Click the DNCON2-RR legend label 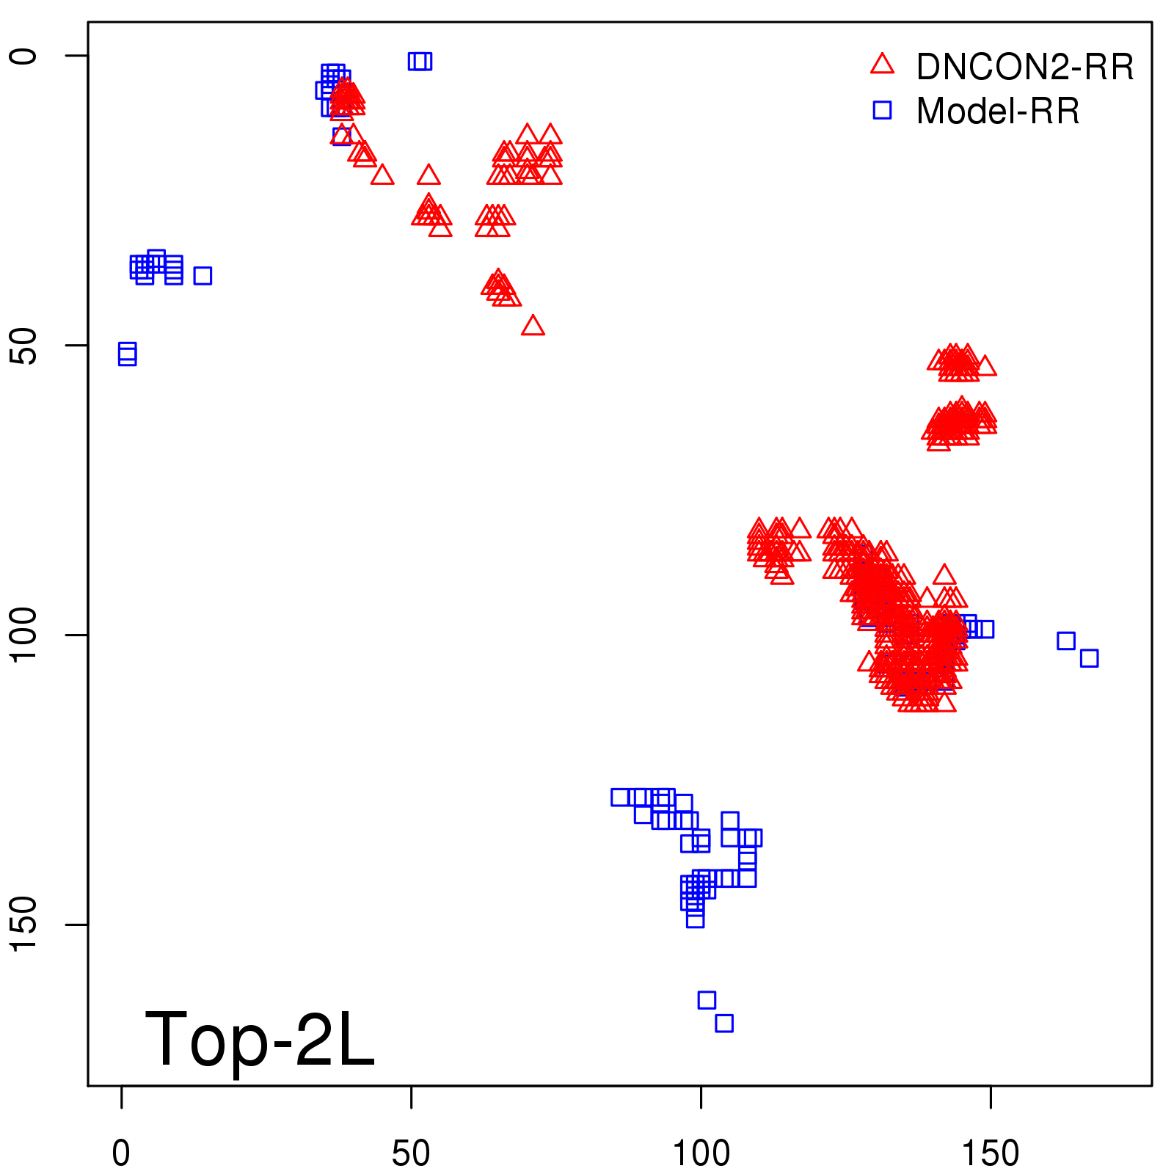pyautogui.click(x=1024, y=67)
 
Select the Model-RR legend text pyautogui.click(x=998, y=112)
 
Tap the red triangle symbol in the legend pyautogui.click(x=882, y=65)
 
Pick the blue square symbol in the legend pyautogui.click(x=882, y=111)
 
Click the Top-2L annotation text pyautogui.click(x=260, y=1039)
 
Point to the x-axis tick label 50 pyautogui.click(x=411, y=1153)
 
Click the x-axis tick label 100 pyautogui.click(x=701, y=1153)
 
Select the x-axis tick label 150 pyautogui.click(x=991, y=1153)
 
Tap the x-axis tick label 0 pyautogui.click(x=121, y=1153)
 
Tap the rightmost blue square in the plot pyautogui.click(x=1089, y=658)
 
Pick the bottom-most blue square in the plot pyautogui.click(x=724, y=1023)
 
